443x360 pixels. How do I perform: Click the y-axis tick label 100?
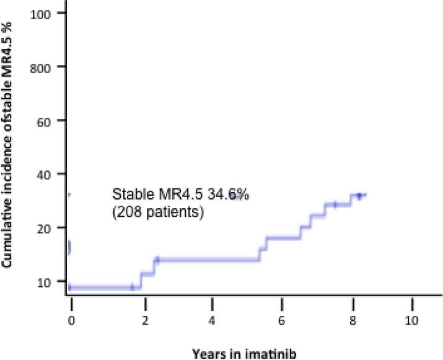click(41, 13)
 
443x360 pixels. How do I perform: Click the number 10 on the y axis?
click(43, 281)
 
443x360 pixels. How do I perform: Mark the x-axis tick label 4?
click(213, 322)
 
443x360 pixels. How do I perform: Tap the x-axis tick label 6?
click(282, 322)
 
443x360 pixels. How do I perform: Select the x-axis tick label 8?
click(353, 322)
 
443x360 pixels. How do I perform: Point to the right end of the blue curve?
click(366, 195)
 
